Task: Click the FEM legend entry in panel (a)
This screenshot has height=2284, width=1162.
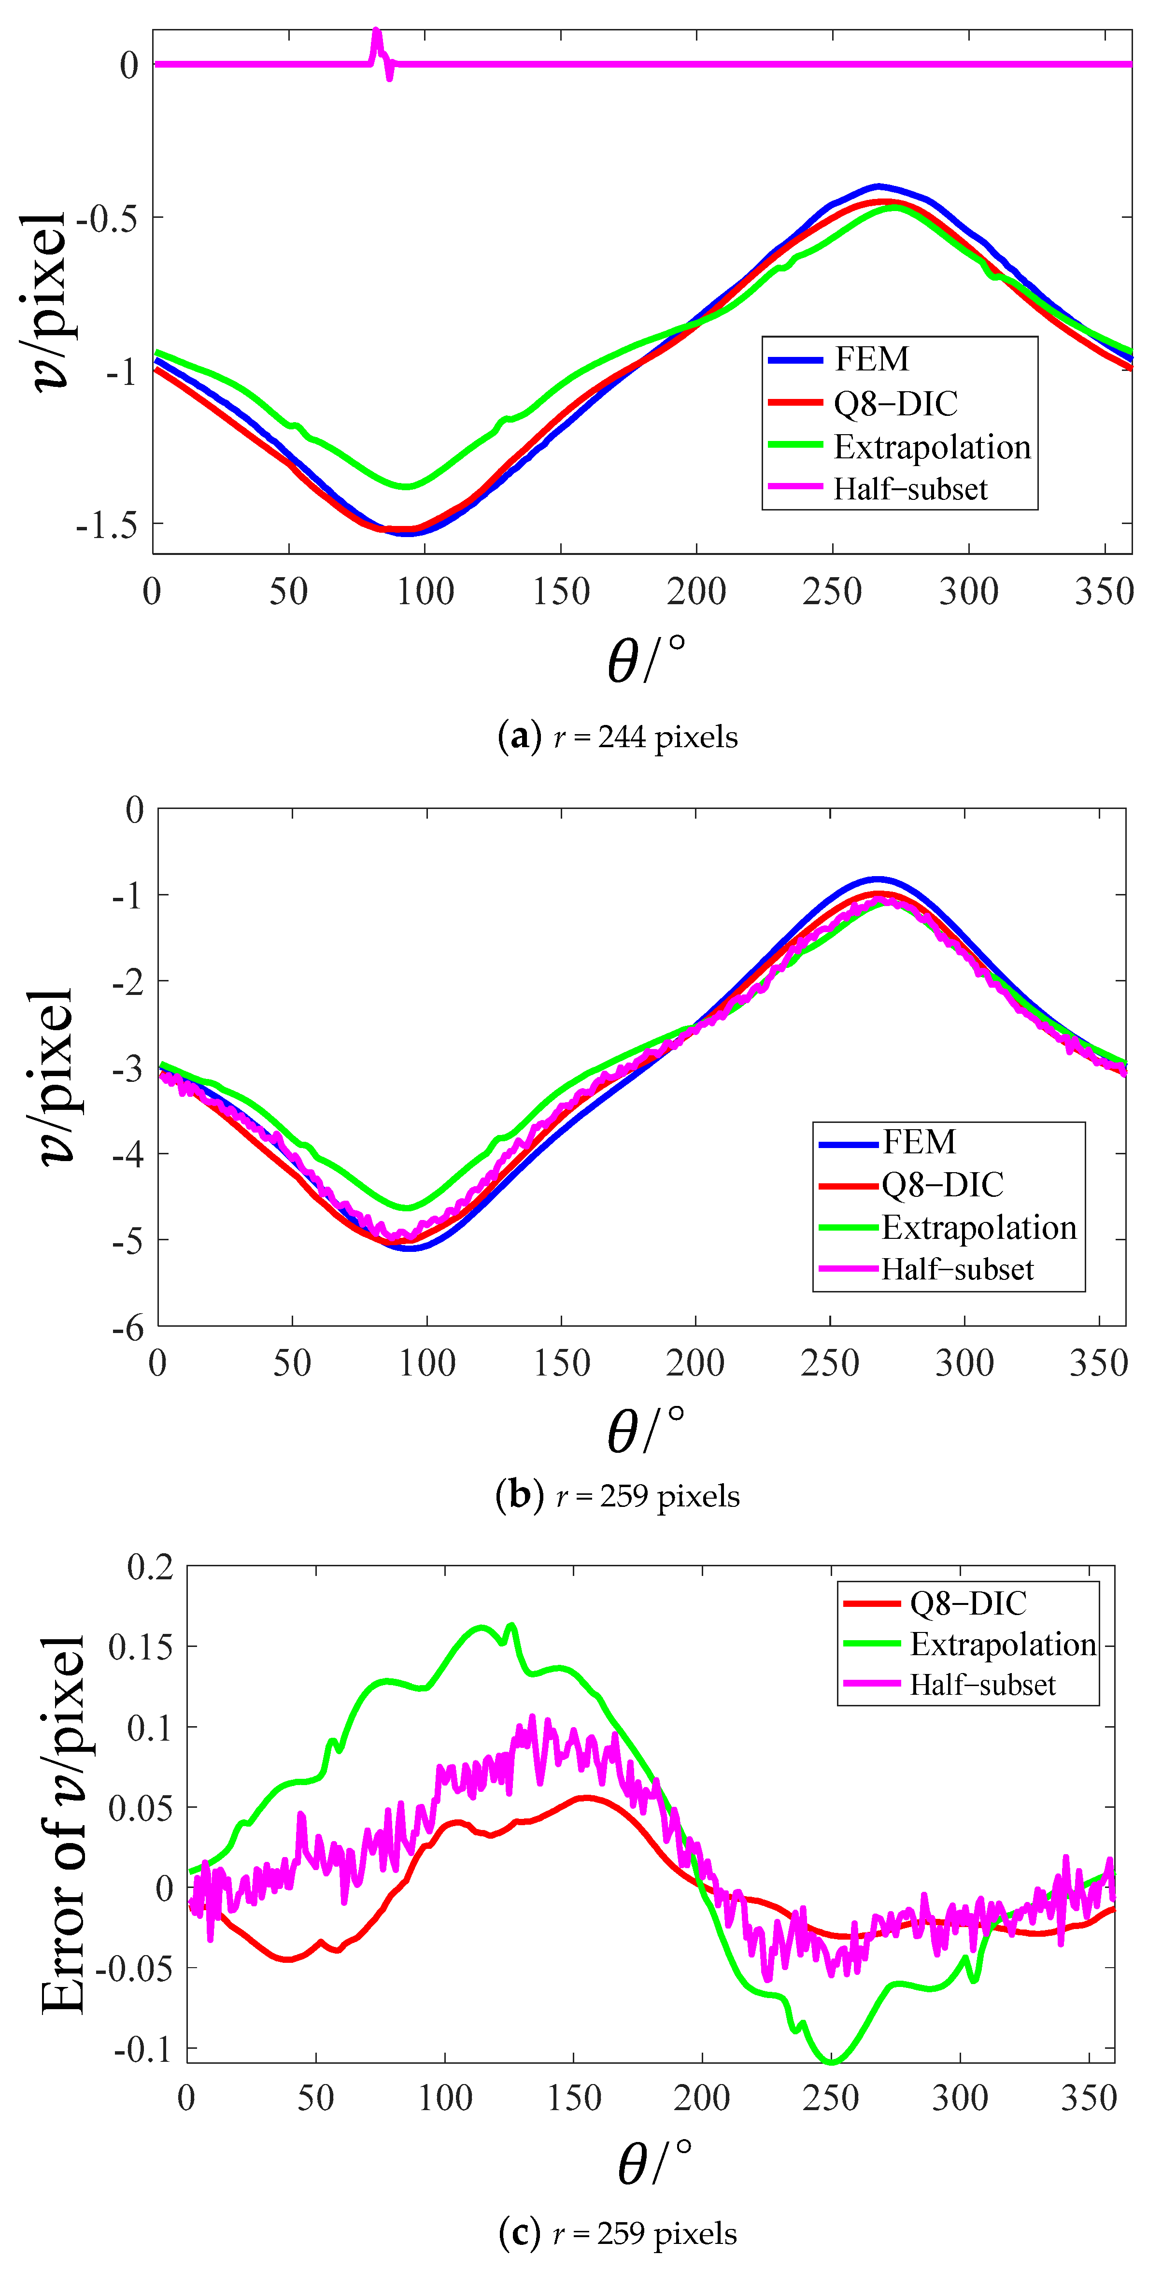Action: click(871, 359)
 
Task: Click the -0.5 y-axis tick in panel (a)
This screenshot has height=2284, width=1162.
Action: click(107, 219)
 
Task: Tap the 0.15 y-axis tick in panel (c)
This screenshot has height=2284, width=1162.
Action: click(140, 1646)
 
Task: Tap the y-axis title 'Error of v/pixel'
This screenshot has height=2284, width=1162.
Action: click(64, 1849)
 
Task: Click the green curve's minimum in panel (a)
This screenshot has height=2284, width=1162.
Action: click(407, 486)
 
